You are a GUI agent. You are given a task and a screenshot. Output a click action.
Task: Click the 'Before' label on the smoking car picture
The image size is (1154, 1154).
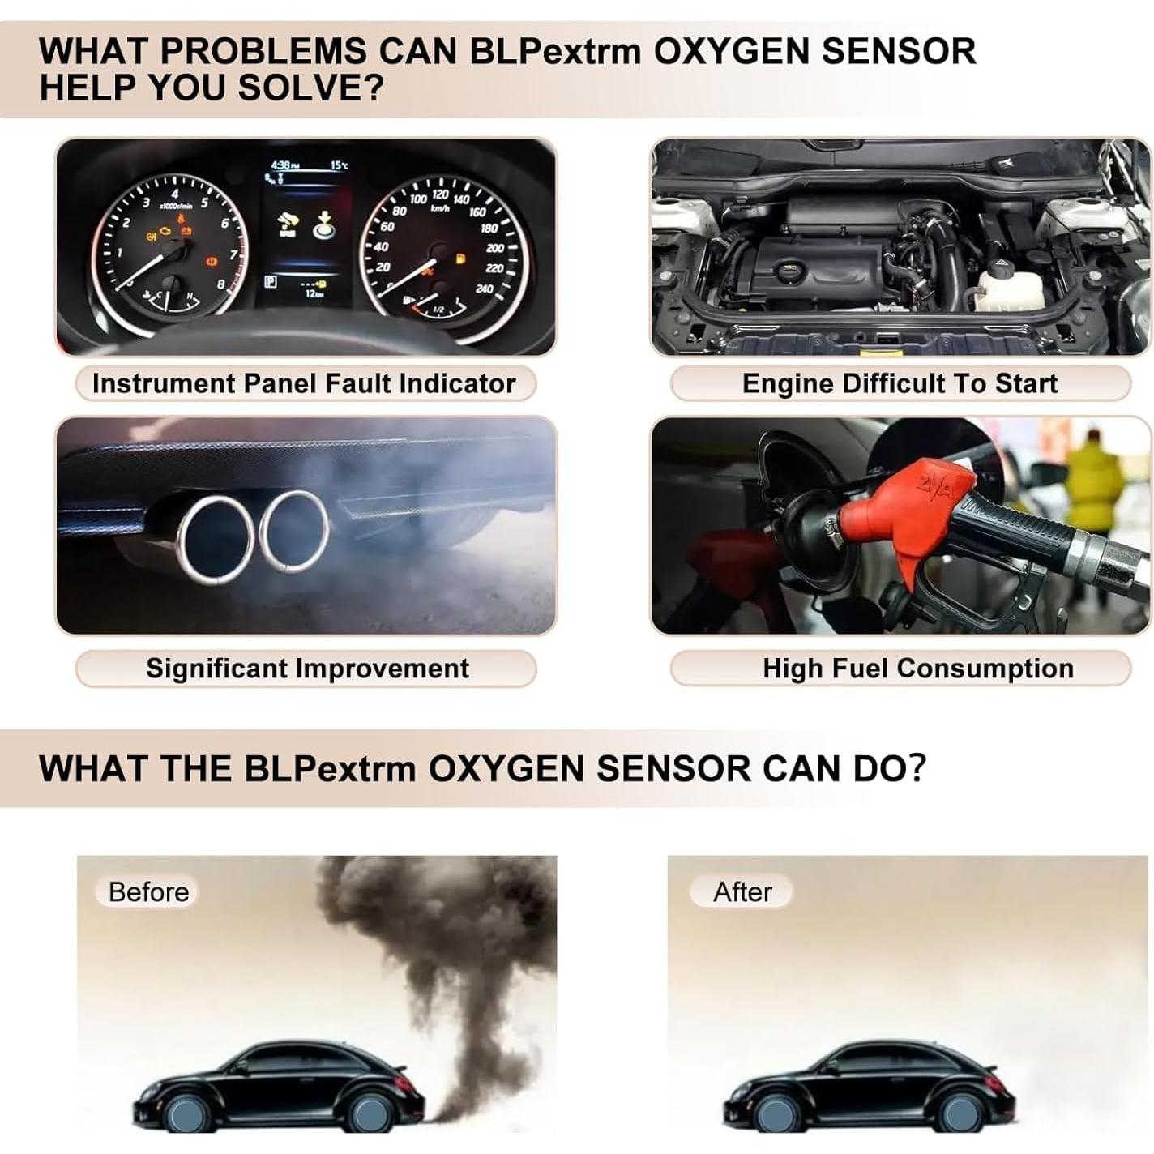(148, 891)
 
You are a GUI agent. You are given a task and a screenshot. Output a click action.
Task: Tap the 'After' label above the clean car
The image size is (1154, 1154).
(742, 891)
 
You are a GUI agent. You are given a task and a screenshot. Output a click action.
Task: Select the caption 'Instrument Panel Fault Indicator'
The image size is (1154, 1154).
(304, 383)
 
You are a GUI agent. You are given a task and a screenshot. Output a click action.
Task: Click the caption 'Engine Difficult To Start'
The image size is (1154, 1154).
(900, 383)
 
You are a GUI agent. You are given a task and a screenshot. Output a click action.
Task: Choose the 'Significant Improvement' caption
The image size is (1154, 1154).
(307, 669)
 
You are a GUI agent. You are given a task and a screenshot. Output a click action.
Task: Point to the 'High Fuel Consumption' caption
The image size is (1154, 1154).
(917, 669)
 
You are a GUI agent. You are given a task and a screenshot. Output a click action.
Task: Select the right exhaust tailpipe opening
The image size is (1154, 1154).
(293, 531)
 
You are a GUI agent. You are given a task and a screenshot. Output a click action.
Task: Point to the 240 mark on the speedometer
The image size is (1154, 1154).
(485, 289)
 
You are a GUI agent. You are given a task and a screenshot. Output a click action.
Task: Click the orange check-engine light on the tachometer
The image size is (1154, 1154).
(167, 234)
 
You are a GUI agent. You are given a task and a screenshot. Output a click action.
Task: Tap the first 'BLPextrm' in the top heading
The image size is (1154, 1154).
(554, 52)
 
